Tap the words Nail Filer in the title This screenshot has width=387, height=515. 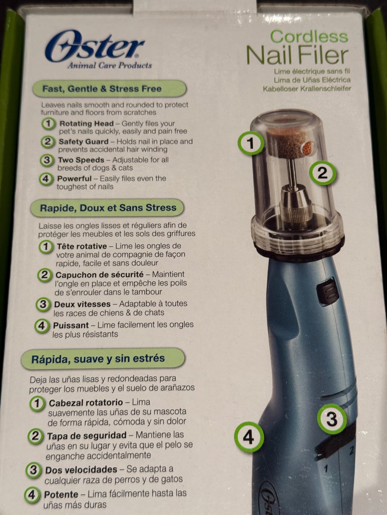pyautogui.click(x=297, y=56)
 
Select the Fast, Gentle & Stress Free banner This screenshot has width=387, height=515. pyautogui.click(x=110, y=89)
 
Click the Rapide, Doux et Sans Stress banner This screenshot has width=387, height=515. pyautogui.click(x=107, y=208)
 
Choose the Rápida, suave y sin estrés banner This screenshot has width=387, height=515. pyautogui.click(x=103, y=359)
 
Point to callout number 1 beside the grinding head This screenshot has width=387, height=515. pyautogui.click(x=250, y=143)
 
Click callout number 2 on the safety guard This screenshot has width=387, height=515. pyautogui.click(x=322, y=173)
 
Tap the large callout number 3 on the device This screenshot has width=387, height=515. pyautogui.click(x=332, y=419)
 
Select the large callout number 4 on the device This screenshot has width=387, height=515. pyautogui.click(x=249, y=437)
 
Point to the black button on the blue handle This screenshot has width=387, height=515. pyautogui.click(x=328, y=291)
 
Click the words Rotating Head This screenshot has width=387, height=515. pyautogui.click(x=87, y=124)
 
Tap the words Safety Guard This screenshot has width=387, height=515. pyautogui.click(x=84, y=142)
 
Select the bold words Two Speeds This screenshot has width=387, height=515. pyautogui.click(x=81, y=160)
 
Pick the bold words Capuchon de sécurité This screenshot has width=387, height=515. pyautogui.click(x=100, y=275)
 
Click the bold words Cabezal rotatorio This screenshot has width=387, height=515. pyautogui.click(x=86, y=403)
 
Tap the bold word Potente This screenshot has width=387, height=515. pyautogui.click(x=61, y=494)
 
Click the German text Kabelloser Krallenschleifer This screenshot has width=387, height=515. pyautogui.click(x=307, y=89)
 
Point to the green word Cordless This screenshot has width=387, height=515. pyautogui.click(x=309, y=37)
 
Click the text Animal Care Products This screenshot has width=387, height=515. pyautogui.click(x=110, y=66)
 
